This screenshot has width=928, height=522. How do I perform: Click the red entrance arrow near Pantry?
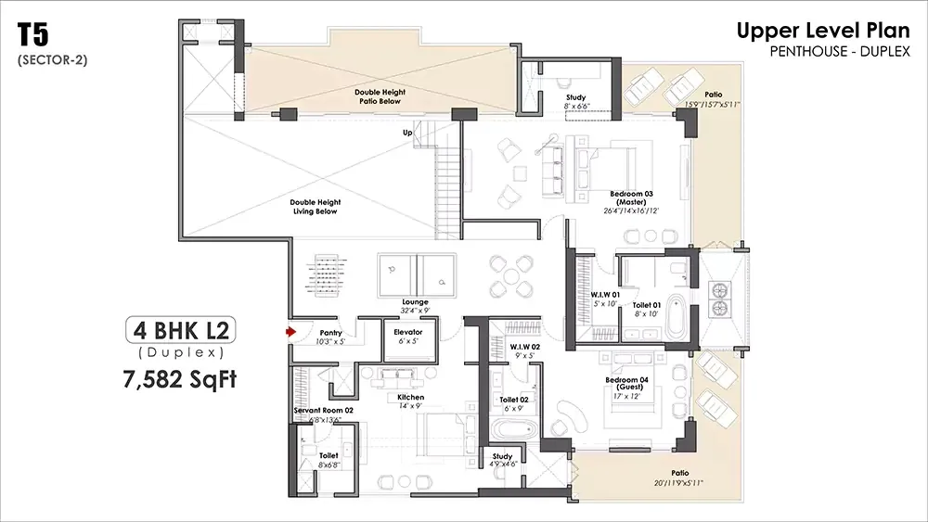coord(290,330)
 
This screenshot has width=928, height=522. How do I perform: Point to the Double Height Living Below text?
coord(315,207)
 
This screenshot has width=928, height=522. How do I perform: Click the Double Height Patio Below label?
coord(378,96)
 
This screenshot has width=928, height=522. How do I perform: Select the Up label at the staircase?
coord(406,134)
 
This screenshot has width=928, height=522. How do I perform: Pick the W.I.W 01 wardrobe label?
coord(605,296)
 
